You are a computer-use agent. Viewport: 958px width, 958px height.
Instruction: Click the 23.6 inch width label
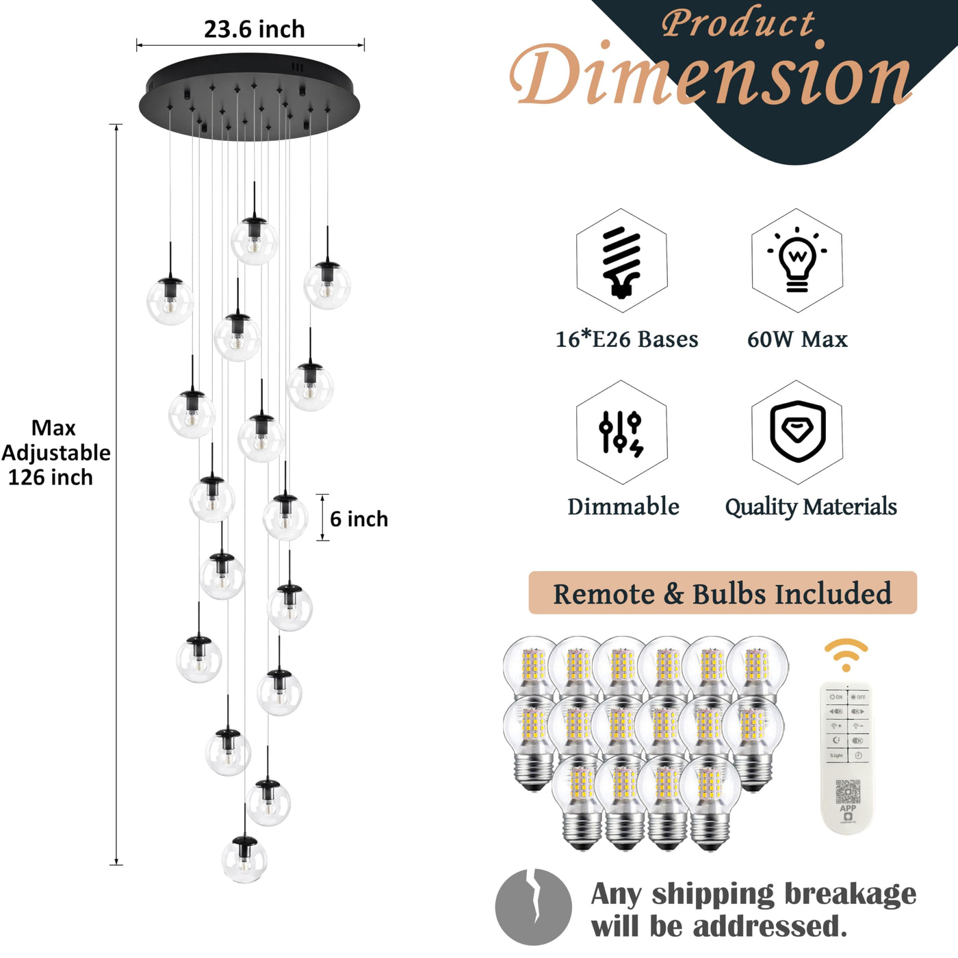254,29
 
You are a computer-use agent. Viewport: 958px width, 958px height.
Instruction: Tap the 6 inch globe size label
359,519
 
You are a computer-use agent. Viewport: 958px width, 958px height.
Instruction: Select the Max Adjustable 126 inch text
55,452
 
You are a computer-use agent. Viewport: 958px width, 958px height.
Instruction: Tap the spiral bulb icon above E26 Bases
621,261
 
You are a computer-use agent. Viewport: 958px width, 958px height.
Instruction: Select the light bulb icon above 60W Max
797,261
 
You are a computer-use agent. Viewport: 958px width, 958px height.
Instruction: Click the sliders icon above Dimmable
621,432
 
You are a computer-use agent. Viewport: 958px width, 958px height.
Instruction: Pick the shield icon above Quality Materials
797,432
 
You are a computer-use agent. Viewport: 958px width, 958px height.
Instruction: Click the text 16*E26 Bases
626,339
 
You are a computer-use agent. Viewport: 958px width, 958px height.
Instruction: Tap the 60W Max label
797,339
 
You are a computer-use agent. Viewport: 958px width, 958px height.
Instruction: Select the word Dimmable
623,507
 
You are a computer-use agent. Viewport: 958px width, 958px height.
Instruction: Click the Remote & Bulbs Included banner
723,593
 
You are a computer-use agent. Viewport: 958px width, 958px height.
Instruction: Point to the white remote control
847,756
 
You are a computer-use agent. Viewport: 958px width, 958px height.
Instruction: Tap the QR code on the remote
848,792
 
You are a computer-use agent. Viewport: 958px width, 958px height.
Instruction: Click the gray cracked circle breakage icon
534,907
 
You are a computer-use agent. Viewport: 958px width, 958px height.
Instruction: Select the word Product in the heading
738,23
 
